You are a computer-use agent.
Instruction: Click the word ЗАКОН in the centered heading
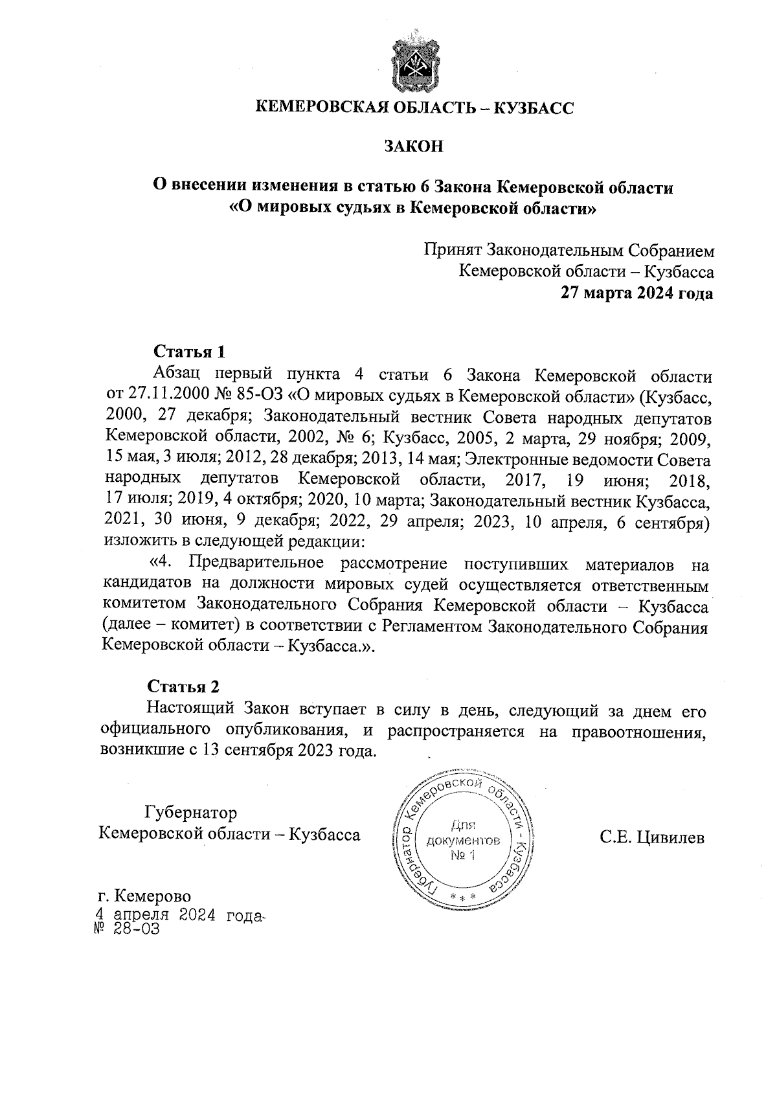pyautogui.click(x=414, y=147)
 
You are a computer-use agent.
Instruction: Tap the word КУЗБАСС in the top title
pyautogui.click(x=534, y=108)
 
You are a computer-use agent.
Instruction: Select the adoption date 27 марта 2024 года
pyautogui.click(x=637, y=293)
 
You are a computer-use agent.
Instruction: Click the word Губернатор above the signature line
pyautogui.click(x=190, y=812)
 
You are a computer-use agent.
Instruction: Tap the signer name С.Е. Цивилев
pyautogui.click(x=651, y=838)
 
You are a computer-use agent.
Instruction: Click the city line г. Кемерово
pyautogui.click(x=144, y=896)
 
